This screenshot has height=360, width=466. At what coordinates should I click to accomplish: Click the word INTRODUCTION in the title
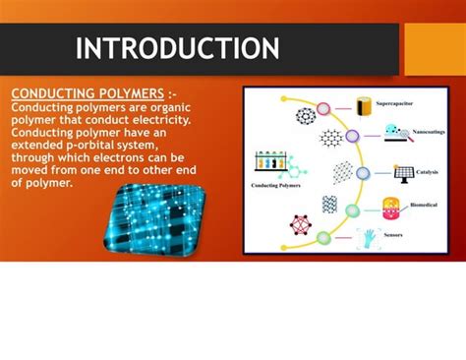click(x=177, y=48)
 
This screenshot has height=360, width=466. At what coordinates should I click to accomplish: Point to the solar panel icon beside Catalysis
click(x=402, y=172)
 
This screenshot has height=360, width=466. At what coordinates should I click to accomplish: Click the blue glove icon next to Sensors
click(x=369, y=237)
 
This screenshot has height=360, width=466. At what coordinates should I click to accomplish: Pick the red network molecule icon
click(x=300, y=225)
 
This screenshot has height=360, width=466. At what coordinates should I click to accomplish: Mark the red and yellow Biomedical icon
click(x=391, y=207)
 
